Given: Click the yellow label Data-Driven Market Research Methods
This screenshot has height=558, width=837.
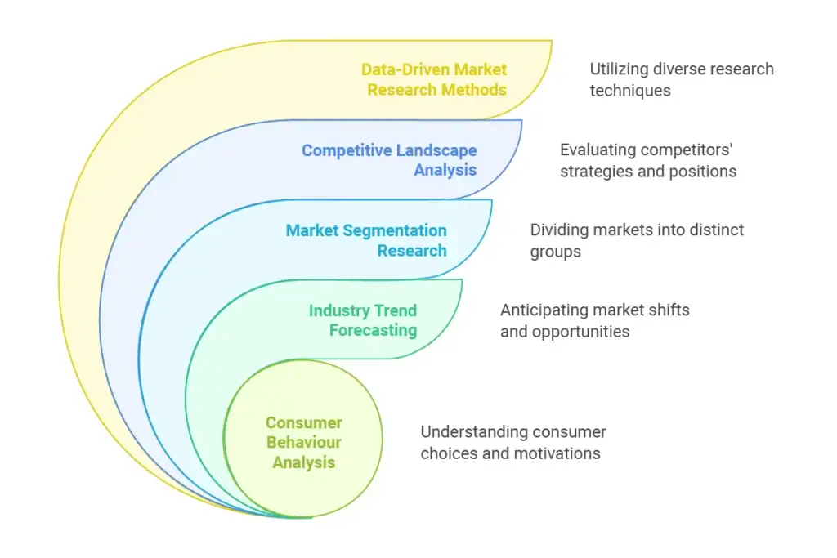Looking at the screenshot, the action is pyautogui.click(x=434, y=79).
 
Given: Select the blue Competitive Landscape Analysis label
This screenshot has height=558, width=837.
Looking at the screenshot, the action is pyautogui.click(x=389, y=160).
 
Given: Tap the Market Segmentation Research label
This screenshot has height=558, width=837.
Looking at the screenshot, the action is pyautogui.click(x=366, y=240).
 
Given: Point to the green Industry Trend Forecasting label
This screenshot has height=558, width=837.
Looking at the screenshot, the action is pyautogui.click(x=363, y=320).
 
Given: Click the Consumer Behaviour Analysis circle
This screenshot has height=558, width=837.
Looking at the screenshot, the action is pyautogui.click(x=303, y=439).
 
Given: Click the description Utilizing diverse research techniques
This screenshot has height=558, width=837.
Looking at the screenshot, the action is pyautogui.click(x=682, y=79).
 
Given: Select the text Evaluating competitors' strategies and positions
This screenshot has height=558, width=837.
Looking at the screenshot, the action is pyautogui.click(x=648, y=160).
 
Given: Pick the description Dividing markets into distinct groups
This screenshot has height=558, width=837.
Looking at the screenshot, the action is pyautogui.click(x=637, y=240).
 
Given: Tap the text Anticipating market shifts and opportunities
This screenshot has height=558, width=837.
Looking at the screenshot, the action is pyautogui.click(x=595, y=320).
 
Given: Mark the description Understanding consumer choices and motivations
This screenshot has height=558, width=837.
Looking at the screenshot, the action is pyautogui.click(x=513, y=442).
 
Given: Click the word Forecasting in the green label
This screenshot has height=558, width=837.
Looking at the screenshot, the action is pyautogui.click(x=373, y=330).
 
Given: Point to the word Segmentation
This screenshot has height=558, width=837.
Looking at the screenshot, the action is pyautogui.click(x=395, y=231).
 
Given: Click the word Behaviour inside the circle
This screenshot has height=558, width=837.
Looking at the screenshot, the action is pyautogui.click(x=304, y=442).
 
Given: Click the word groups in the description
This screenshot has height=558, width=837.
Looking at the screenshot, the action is pyautogui.click(x=555, y=252).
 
